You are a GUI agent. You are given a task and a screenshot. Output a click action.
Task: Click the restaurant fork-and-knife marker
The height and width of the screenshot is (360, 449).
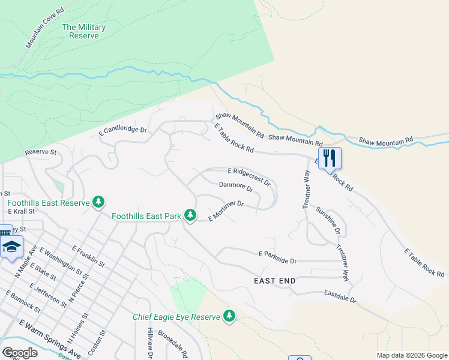(330, 158)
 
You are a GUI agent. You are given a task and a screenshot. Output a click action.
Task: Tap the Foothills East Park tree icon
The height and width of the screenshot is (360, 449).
(190, 214)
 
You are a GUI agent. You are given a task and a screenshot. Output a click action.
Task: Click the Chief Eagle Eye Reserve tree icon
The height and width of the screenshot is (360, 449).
(229, 316)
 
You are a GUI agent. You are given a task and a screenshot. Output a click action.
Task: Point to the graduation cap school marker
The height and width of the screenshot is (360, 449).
(11, 247)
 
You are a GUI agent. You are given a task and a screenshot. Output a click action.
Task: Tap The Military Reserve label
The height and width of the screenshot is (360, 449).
(84, 31)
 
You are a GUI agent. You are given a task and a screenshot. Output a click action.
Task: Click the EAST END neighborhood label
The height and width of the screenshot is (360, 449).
(275, 281)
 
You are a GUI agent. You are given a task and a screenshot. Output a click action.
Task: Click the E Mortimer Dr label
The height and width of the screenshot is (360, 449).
(226, 211)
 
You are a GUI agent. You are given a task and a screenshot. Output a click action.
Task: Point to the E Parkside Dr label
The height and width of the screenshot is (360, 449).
(278, 258)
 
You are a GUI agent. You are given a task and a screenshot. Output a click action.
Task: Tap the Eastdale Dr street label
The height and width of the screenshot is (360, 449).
(340, 296)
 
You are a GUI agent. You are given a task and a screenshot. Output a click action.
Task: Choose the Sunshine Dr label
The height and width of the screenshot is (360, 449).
(328, 220)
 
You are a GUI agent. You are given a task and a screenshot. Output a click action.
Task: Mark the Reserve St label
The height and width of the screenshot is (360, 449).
(40, 152)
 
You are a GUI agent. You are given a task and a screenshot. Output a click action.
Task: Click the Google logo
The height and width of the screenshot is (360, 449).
(20, 353)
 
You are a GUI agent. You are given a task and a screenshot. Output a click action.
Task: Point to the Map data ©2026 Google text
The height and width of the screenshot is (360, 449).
(411, 355)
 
